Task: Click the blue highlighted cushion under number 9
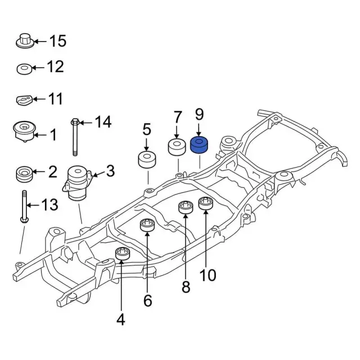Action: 199,145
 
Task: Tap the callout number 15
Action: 58,41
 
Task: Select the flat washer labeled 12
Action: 24,69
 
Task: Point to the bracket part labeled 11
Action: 24,100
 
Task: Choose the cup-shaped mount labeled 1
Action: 24,132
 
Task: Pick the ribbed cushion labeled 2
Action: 24,174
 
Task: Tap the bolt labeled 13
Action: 24,206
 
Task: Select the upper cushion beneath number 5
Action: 147,160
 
